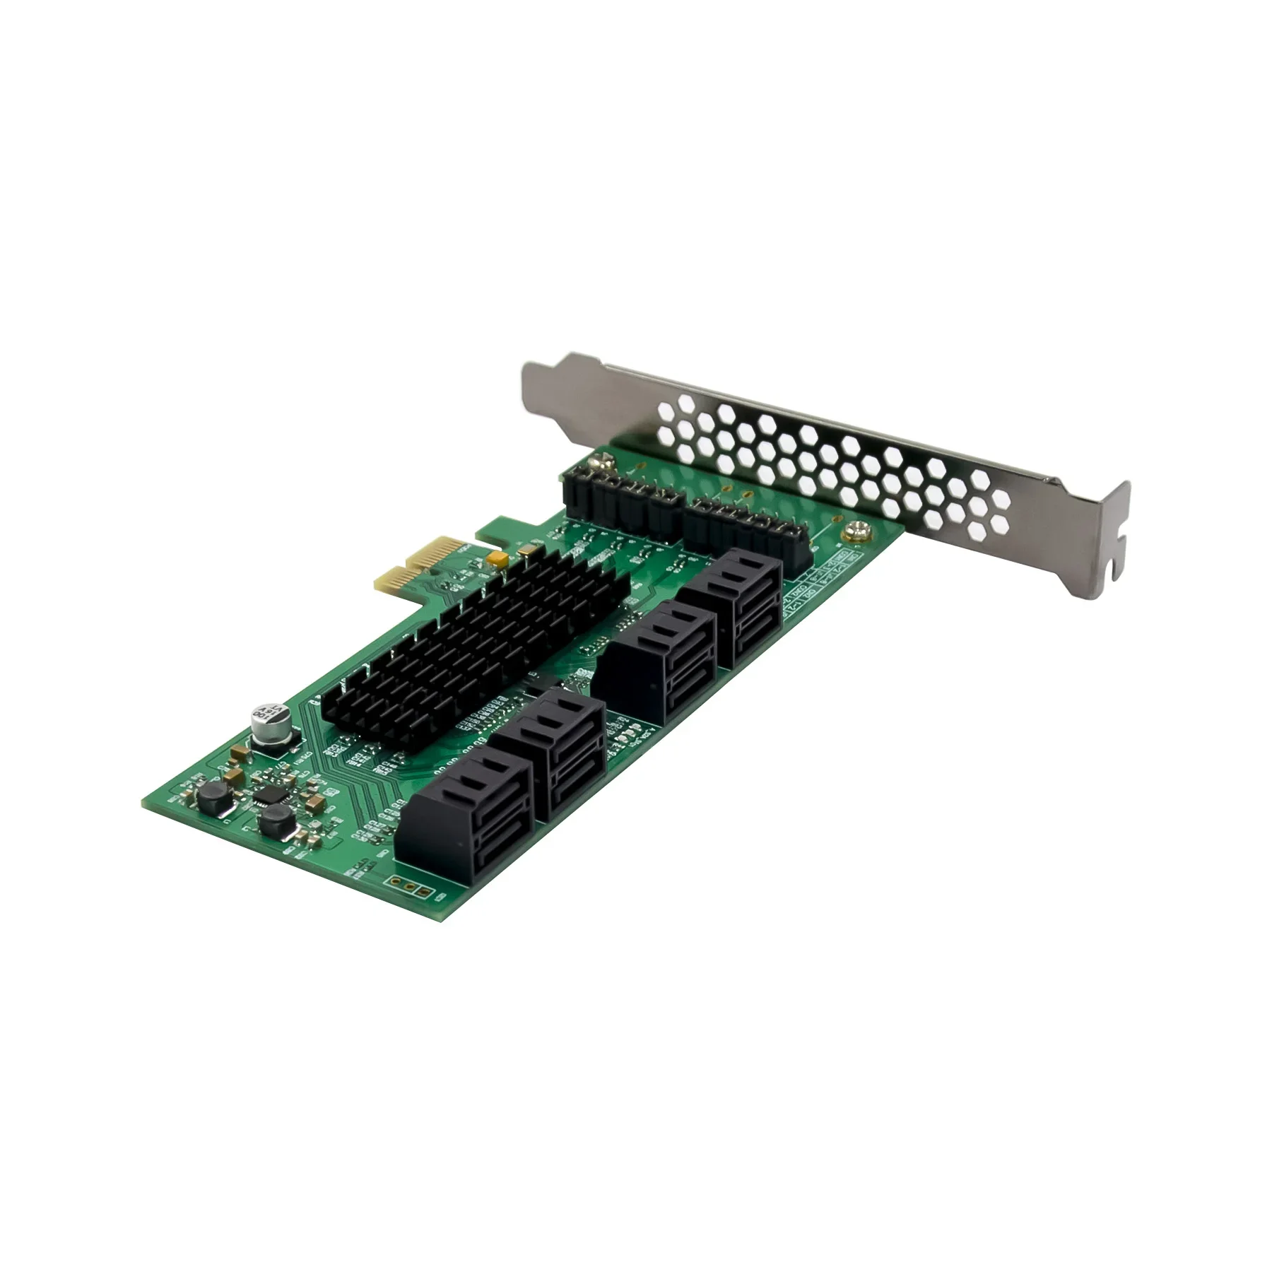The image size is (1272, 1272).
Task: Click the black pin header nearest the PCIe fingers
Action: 622,503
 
